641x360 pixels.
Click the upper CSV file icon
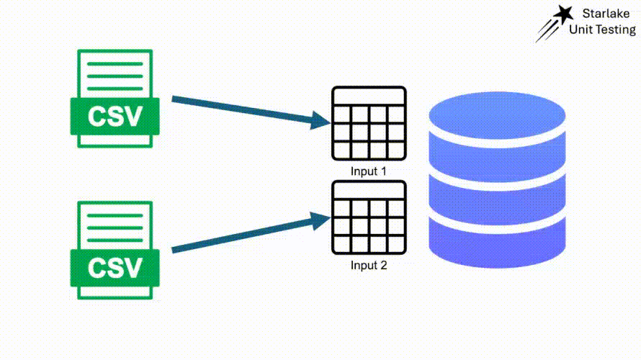(x=115, y=99)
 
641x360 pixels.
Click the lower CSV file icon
(x=115, y=251)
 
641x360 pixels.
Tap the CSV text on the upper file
(x=115, y=116)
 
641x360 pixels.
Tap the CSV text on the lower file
(x=115, y=268)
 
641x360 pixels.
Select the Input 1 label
(x=369, y=171)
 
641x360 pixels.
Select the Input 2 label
(x=369, y=265)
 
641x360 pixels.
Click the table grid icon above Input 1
(x=369, y=124)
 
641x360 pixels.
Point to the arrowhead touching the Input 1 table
(x=321, y=121)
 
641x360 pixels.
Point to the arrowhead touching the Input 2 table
(x=321, y=217)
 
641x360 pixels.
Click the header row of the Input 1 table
(x=369, y=96)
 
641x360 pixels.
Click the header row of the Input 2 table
(x=369, y=190)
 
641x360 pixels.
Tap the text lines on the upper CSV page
(x=115, y=76)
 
